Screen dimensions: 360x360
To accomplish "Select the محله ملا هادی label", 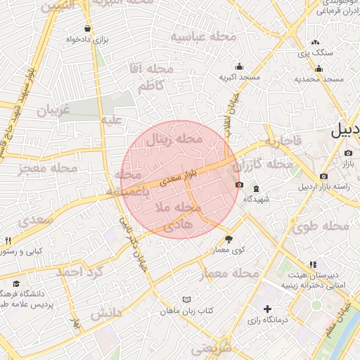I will (x=179, y=217).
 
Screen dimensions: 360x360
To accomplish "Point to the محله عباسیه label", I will (x=198, y=37).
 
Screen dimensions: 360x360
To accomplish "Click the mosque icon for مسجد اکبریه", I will (x=240, y=66).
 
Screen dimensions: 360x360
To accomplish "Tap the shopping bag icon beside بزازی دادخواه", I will (x=86, y=29).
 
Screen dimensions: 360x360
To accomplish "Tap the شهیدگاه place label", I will (x=257, y=199).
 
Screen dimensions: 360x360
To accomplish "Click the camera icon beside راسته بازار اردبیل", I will (x=323, y=176).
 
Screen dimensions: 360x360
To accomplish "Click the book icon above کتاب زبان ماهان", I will (x=186, y=300).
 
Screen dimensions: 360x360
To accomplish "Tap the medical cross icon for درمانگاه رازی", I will (x=268, y=308).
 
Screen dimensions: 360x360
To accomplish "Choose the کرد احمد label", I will (x=81, y=271).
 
